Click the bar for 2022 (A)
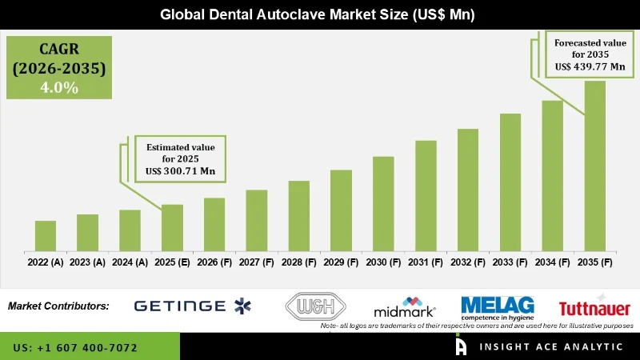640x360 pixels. coord(46,236)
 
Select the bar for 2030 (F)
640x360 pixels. coord(383,203)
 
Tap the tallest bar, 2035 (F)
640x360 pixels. coord(594,166)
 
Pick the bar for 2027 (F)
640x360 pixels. coord(256,220)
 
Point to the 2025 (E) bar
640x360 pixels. coord(172,227)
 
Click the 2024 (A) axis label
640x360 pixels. coord(130,262)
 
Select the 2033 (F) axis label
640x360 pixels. coord(510,262)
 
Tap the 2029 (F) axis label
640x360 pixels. coord(341,262)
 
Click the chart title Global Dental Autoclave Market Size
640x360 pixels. coord(320,14)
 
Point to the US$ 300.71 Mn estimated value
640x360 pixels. coord(180,172)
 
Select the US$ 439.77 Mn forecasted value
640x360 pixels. coord(590,68)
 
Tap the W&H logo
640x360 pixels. coord(314,306)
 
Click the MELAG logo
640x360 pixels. coord(497,306)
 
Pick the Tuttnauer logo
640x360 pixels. coord(594,308)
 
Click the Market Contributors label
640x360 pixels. coord(58,306)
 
